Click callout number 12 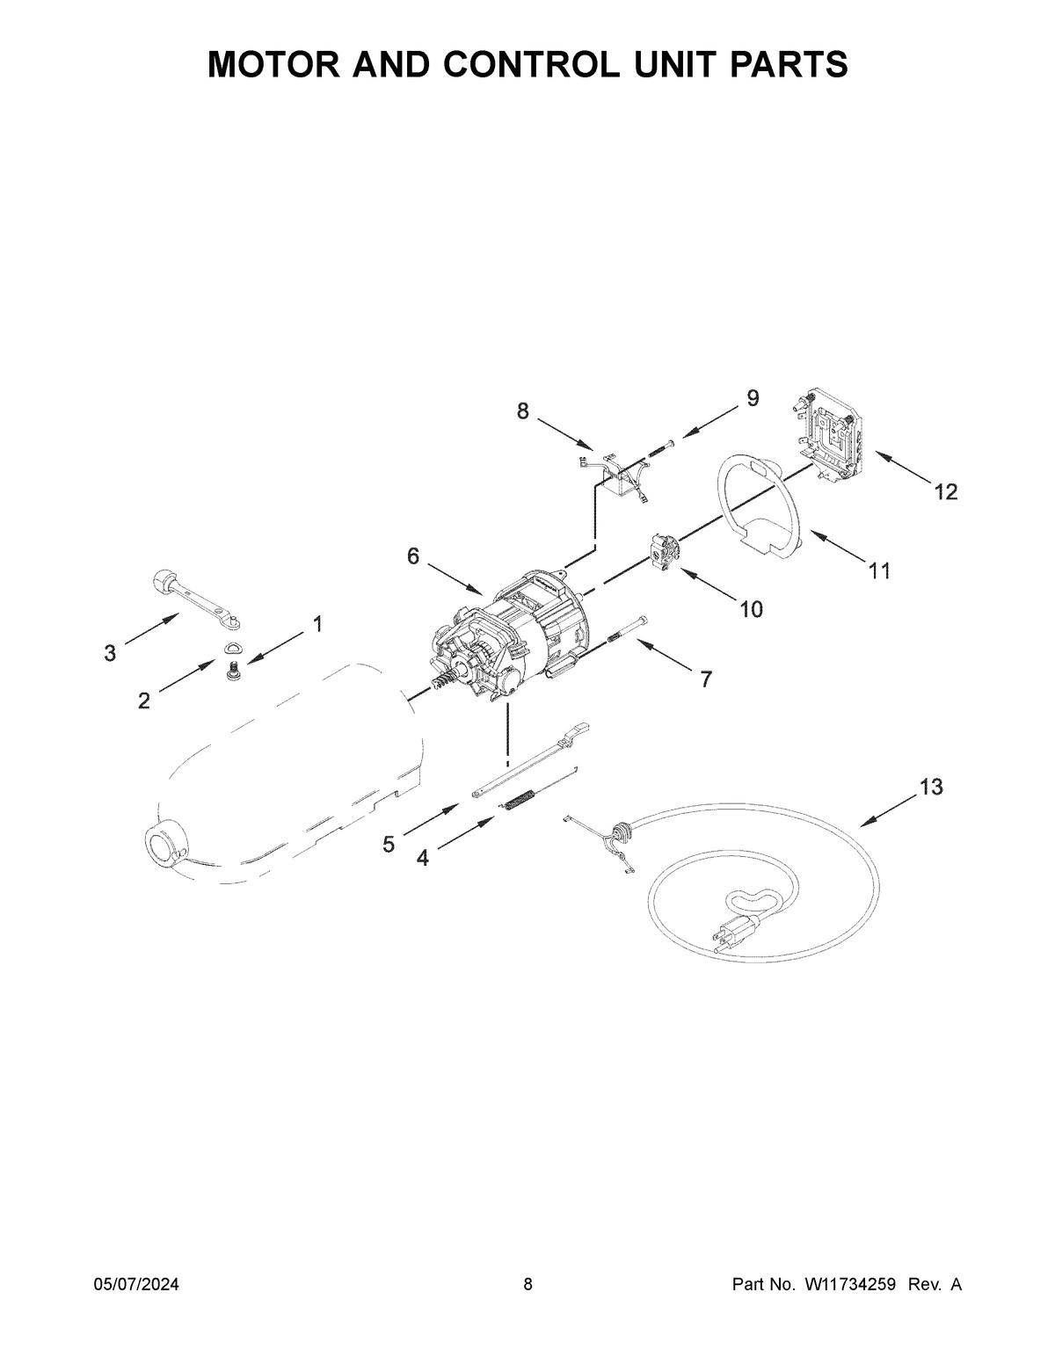(945, 492)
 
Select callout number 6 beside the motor (413, 556)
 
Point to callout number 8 (523, 410)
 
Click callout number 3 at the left (110, 653)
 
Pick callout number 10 (751, 608)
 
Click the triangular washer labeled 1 (233, 649)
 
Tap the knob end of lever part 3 (163, 580)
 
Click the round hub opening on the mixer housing (164, 846)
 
